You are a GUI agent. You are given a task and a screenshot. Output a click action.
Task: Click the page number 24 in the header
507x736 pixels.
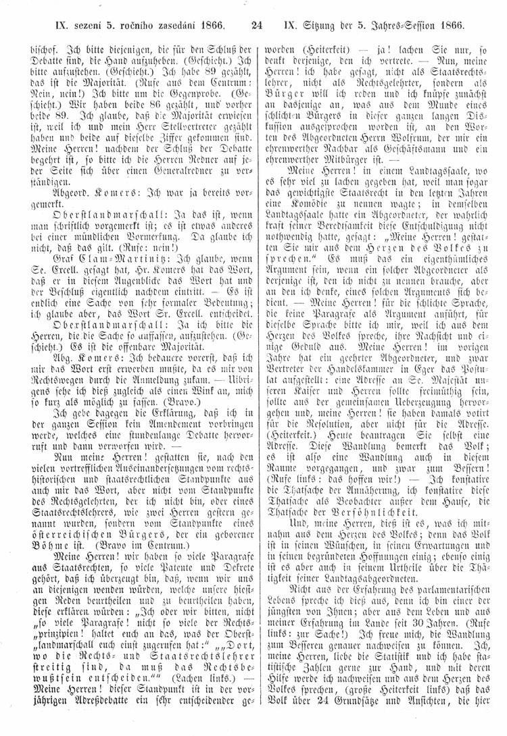click(256, 27)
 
